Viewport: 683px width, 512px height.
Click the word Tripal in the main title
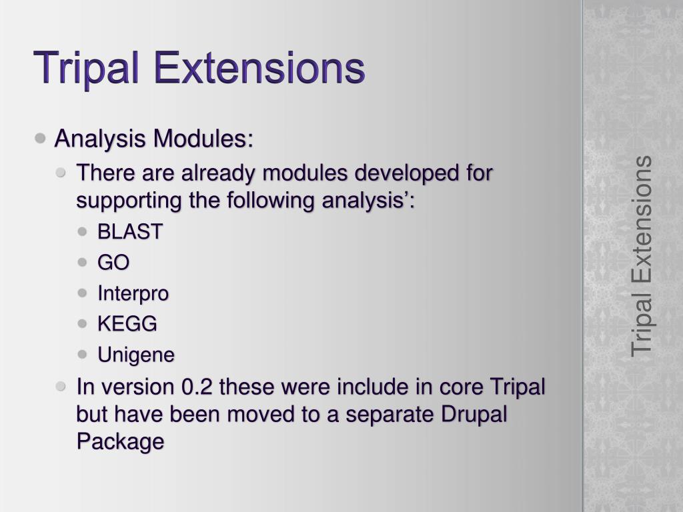point(86,69)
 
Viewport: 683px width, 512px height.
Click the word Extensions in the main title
point(259,67)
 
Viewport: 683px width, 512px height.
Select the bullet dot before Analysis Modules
point(40,139)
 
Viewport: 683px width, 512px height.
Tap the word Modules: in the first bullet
point(203,139)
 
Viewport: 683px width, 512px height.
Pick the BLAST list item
point(130,231)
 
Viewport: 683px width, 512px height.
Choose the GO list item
point(113,262)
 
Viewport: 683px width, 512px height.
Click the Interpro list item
point(133,293)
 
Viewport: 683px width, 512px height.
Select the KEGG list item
point(127,323)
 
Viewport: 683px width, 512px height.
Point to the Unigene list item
point(136,355)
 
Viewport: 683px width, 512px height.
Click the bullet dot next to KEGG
point(82,323)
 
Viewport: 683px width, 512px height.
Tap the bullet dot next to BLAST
point(82,231)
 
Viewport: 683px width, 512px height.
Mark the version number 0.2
point(197,387)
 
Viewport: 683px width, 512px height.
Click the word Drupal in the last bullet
point(474,414)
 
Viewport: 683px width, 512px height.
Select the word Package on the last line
point(120,441)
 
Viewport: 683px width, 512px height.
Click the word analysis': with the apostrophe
point(368,201)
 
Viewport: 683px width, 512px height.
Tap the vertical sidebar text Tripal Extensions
point(641,257)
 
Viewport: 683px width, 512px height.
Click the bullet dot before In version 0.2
point(61,386)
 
